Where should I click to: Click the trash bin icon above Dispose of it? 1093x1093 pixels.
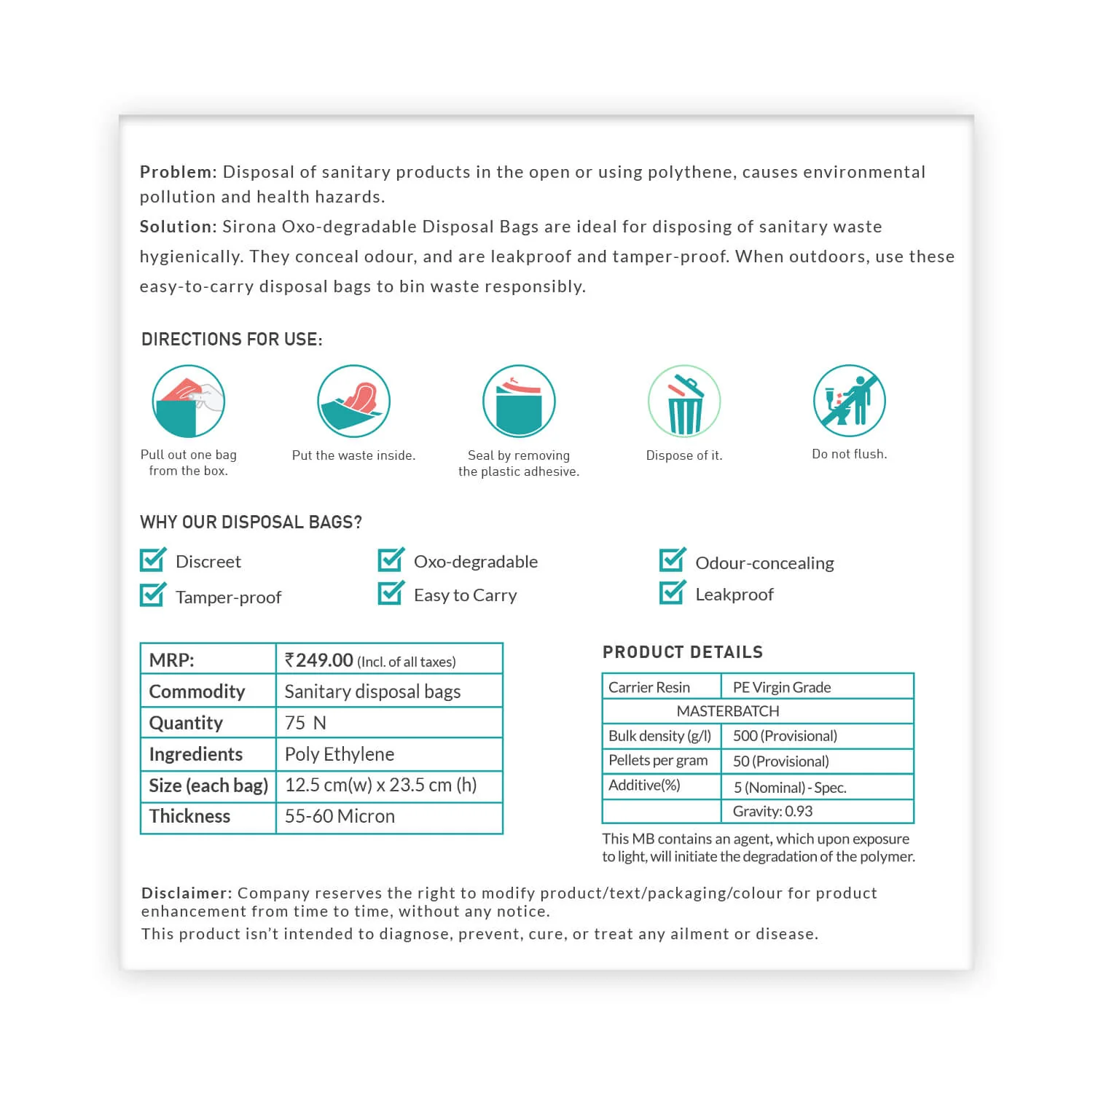click(x=684, y=401)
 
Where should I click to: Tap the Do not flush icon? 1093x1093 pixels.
click(x=849, y=401)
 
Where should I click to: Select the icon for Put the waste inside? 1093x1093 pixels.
click(x=353, y=401)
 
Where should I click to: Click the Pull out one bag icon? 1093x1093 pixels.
click(x=188, y=401)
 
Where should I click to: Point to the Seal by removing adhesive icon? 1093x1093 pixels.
click(x=519, y=401)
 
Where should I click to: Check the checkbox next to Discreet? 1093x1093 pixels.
click(x=152, y=560)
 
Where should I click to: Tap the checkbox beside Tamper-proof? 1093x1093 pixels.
click(x=152, y=595)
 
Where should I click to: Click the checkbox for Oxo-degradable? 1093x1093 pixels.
click(x=391, y=560)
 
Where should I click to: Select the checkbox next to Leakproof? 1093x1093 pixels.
click(x=672, y=592)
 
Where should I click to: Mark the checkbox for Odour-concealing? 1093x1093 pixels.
click(x=672, y=560)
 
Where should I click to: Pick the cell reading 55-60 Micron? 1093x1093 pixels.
click(x=340, y=816)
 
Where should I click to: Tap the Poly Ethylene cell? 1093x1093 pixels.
click(x=340, y=754)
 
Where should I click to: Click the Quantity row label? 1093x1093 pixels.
click(x=186, y=723)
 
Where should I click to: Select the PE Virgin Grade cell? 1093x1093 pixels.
click(x=782, y=687)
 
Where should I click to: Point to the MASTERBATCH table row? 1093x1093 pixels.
click(x=728, y=711)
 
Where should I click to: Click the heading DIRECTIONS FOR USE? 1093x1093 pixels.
click(x=232, y=340)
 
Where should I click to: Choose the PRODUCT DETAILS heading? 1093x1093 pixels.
click(x=683, y=652)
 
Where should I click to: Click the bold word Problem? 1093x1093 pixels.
click(x=178, y=172)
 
